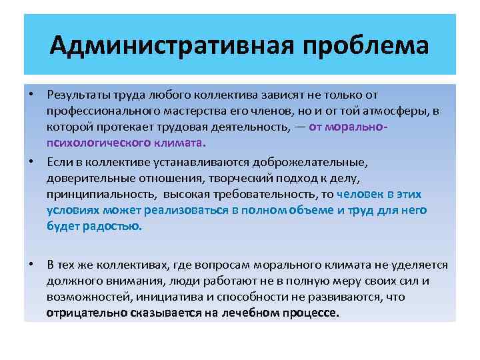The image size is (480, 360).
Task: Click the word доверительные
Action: (85, 177)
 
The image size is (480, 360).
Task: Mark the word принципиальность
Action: (99, 194)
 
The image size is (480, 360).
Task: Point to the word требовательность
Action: (261, 194)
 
